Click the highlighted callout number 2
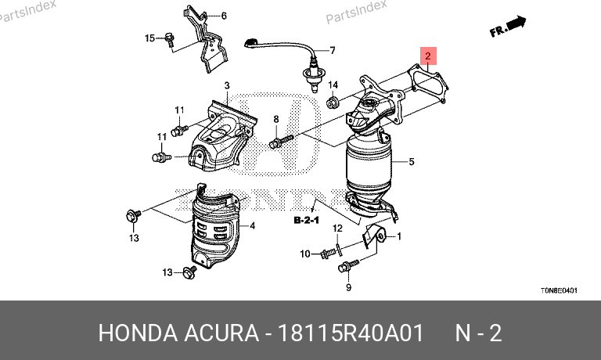[x=428, y=56]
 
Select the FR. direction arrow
[x=508, y=27]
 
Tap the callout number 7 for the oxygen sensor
[x=333, y=50]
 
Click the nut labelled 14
[x=332, y=103]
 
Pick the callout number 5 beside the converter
[x=412, y=161]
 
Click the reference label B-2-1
[x=306, y=220]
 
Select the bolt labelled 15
[x=169, y=39]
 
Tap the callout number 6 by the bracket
[x=224, y=16]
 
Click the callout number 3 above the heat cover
[x=227, y=85]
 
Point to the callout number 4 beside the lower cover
[x=252, y=226]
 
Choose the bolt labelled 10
[x=328, y=253]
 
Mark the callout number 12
[x=337, y=229]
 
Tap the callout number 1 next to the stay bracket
[x=399, y=236]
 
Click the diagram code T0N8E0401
[x=559, y=290]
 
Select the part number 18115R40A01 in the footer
[x=350, y=333]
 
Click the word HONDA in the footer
[x=138, y=333]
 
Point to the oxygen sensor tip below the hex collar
[x=315, y=89]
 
